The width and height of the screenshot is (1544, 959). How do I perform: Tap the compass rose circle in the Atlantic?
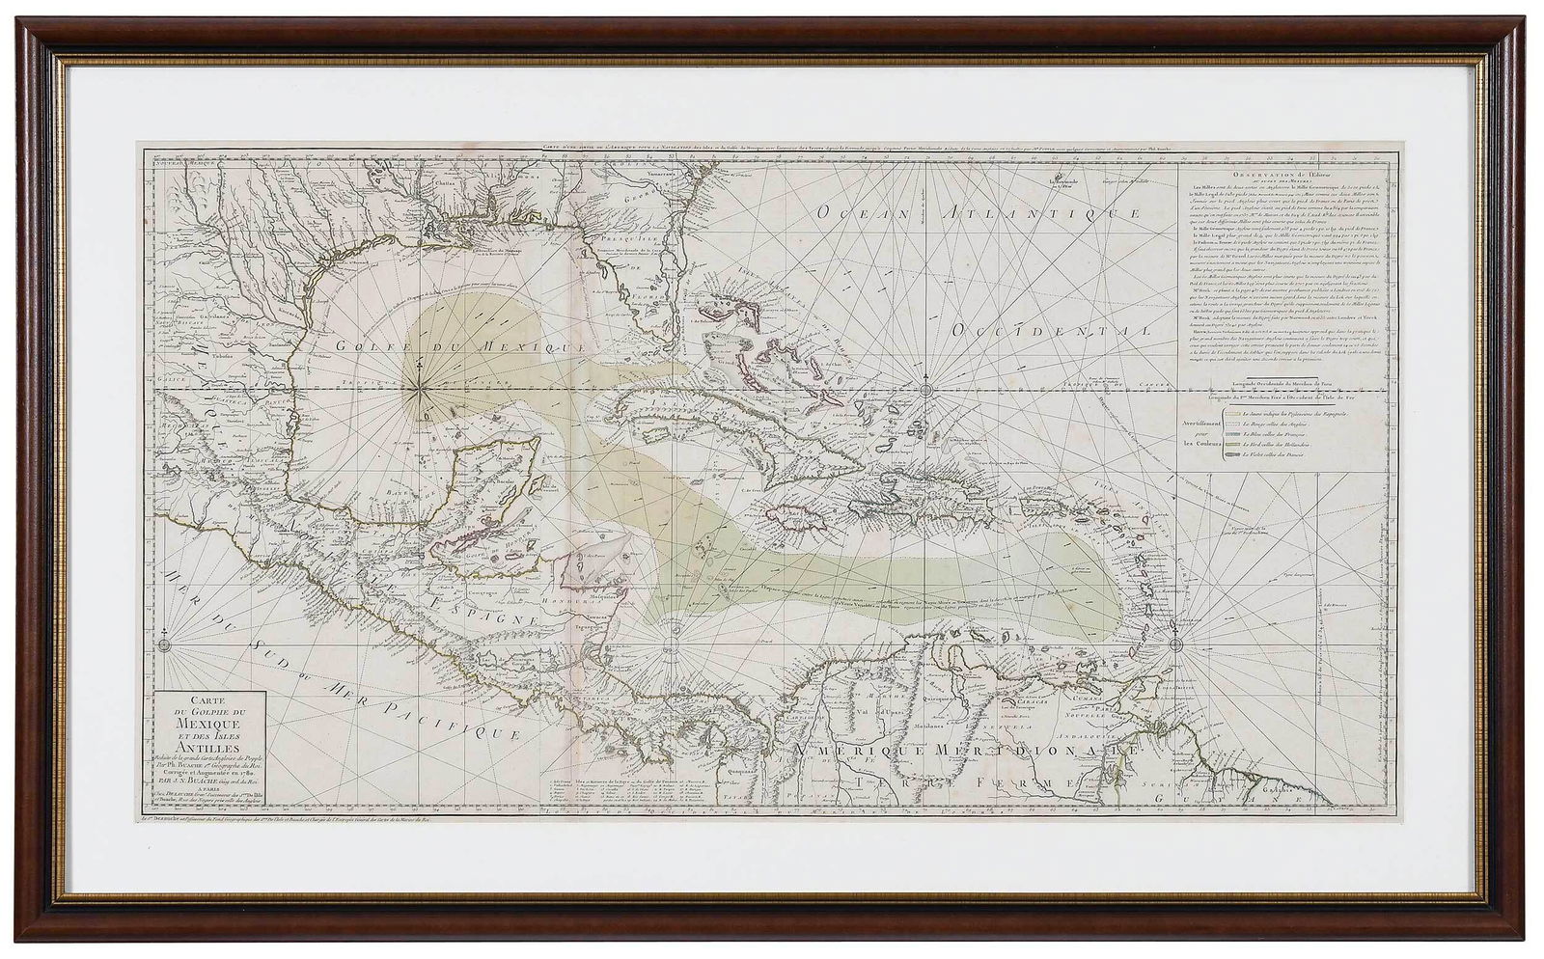(x=926, y=389)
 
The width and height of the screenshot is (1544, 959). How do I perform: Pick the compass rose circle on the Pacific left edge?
(x=165, y=643)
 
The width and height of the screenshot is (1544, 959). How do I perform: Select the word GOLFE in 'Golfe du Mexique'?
(x=372, y=344)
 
